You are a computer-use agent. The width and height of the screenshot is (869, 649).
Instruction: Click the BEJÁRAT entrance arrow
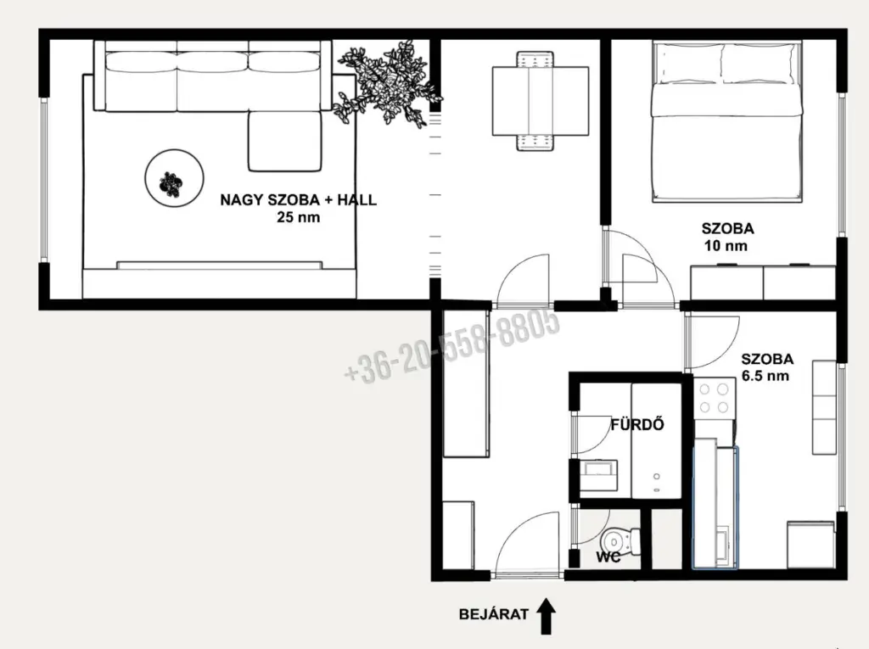coord(547,616)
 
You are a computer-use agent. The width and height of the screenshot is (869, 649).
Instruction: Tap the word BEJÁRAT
coord(494,614)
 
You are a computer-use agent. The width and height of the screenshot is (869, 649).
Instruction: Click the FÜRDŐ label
coord(637,424)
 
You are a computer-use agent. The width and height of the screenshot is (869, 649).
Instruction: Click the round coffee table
coord(174,178)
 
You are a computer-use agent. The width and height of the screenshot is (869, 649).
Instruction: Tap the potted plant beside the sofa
coord(387,83)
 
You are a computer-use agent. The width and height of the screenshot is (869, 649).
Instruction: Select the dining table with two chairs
coord(541,101)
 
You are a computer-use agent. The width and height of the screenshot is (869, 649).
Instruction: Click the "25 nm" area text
coord(298,217)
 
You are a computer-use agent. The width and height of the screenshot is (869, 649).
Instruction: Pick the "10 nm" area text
coord(726,245)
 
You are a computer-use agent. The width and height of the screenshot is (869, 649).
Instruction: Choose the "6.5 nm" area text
coord(765,376)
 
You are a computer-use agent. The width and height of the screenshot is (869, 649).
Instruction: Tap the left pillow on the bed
coord(688,63)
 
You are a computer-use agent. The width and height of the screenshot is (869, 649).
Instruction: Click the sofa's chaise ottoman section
coord(285,141)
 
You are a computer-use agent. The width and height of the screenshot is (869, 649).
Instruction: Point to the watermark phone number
coord(451,344)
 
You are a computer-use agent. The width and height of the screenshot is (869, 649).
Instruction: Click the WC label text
coord(608,557)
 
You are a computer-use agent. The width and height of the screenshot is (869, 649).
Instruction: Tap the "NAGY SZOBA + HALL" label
coord(298,200)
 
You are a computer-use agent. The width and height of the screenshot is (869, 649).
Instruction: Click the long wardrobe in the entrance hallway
coord(466,383)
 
